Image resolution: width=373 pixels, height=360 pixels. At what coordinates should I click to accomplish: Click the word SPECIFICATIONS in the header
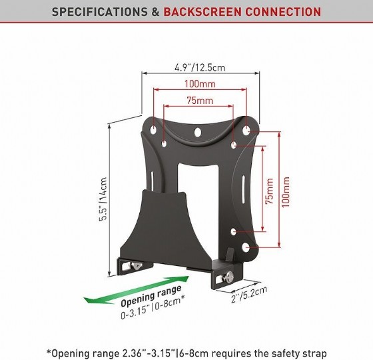tap(100, 11)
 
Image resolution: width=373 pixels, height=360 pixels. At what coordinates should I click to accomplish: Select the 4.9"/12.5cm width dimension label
tap(200, 67)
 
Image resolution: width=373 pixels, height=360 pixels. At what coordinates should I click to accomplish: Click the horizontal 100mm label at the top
tap(200, 84)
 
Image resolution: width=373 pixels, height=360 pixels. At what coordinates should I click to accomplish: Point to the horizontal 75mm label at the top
tap(200, 101)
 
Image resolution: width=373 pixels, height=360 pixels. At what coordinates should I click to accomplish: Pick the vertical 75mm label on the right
tap(269, 191)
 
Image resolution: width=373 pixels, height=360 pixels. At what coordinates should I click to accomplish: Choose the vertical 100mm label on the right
tap(286, 192)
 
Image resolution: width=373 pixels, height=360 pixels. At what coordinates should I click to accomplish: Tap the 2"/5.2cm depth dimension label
tap(249, 294)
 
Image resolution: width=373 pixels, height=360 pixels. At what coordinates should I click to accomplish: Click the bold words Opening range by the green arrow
tap(151, 295)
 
